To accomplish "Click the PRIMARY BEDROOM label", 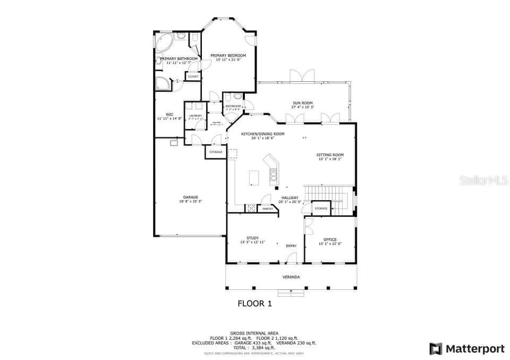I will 228,55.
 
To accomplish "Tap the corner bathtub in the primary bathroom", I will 164,40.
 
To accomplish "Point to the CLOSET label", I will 193,76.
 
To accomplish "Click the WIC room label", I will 169,114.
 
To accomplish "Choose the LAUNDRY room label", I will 195,116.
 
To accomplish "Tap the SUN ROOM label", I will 302,102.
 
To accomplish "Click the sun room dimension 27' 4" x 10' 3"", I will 302,107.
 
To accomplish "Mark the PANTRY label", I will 268,209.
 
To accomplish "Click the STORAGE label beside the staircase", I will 321,208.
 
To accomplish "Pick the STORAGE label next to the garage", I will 216,152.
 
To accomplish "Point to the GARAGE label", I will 190,197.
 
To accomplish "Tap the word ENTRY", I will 291,246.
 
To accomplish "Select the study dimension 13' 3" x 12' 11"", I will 252,242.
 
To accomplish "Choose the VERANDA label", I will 291,277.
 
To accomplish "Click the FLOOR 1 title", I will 254,304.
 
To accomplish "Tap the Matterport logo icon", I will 436,349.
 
